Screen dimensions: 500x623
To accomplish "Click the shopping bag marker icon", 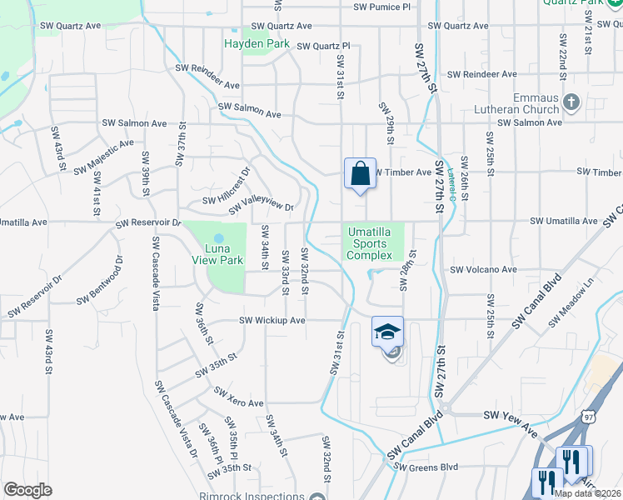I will coord(360,174).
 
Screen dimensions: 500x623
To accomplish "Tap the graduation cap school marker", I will coord(387,332).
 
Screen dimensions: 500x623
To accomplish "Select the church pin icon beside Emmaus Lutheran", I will coord(571,103).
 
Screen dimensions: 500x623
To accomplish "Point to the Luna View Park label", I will coord(215,254).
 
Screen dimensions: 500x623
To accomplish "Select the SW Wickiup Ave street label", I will coord(273,320).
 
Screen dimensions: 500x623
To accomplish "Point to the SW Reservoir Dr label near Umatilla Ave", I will coord(148,223).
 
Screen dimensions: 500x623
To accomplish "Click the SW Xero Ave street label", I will coord(239,397).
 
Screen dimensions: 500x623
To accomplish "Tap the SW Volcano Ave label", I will coord(484,270).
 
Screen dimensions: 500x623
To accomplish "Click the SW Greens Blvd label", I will coord(428,467).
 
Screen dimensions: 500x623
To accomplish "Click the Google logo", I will coord(27,489).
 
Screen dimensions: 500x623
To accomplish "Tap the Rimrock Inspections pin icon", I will coord(316,497).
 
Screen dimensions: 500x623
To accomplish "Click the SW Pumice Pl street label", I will coord(382,7).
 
